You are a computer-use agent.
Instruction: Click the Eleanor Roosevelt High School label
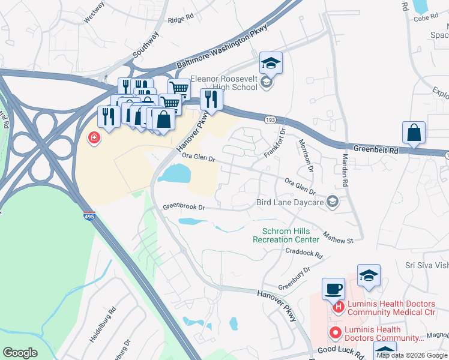coord(224,83)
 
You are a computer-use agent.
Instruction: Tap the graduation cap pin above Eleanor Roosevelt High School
coord(271,62)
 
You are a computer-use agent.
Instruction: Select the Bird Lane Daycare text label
coord(290,203)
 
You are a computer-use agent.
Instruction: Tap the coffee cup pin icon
coord(334,289)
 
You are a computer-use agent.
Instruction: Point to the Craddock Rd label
coord(304,254)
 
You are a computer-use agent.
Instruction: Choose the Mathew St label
coord(337,237)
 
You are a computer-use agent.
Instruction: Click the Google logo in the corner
coord(20,353)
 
